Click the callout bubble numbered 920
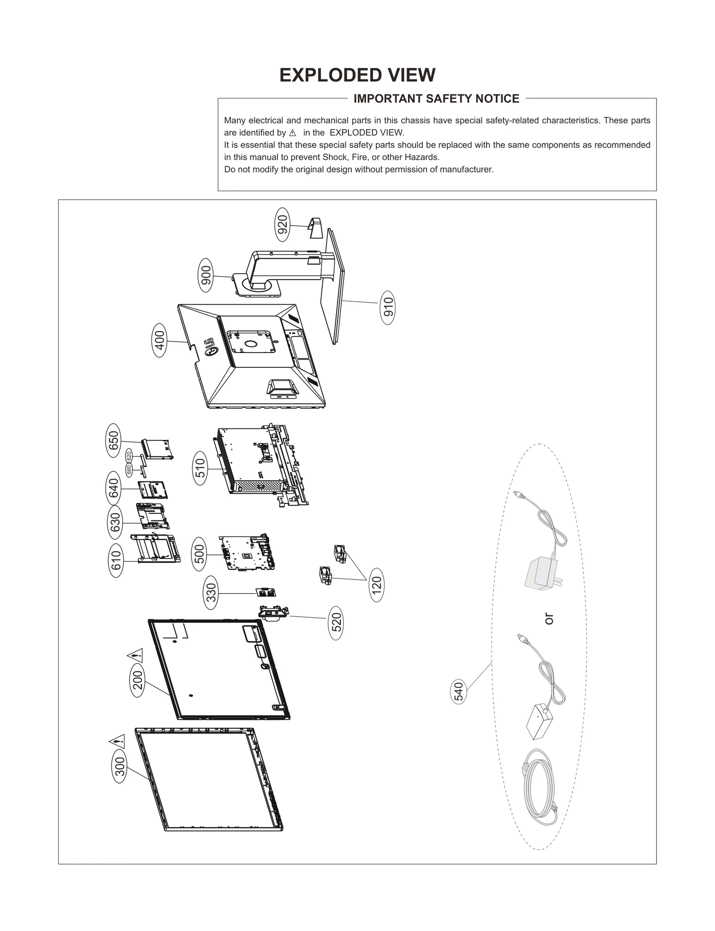click(x=282, y=225)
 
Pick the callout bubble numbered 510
click(x=201, y=468)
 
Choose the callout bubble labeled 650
click(x=114, y=440)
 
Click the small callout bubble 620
click(x=129, y=457)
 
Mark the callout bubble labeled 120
click(x=377, y=584)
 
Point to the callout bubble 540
click(x=459, y=692)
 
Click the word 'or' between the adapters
click(x=549, y=619)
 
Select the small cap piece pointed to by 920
click(x=315, y=227)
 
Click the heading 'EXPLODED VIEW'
click(x=357, y=75)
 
